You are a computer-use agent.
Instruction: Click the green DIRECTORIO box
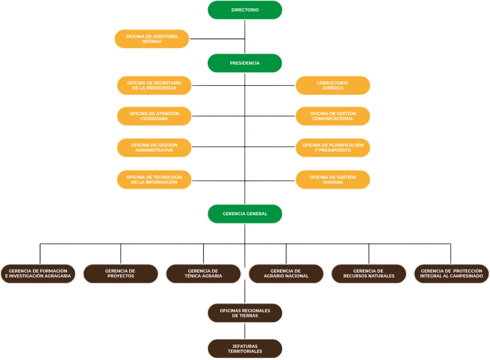coord(245,10)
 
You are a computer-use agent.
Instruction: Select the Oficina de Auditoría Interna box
coord(152,39)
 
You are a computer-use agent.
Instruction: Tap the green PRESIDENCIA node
coord(245,63)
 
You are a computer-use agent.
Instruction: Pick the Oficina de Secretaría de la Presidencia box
coord(154,85)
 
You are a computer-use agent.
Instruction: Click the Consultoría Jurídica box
coord(333,85)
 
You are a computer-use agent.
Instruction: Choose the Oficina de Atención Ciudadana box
coord(154,116)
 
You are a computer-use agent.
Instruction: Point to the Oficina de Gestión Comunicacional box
coord(333,116)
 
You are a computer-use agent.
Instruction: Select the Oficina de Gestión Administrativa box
coord(154,148)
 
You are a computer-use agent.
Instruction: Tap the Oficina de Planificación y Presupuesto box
coord(333,148)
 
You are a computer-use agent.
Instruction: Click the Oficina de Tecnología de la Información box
coord(154,179)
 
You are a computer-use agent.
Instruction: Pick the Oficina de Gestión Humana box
coord(333,179)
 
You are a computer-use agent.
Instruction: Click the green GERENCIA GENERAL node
coord(245,214)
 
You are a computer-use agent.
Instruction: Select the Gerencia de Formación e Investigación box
coord(38,273)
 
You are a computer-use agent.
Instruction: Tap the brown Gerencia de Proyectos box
coord(121,273)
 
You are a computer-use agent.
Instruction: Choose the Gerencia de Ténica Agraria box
coord(203,273)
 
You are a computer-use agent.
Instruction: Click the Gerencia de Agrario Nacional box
coord(286,273)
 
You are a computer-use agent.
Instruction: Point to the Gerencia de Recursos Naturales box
coord(369,273)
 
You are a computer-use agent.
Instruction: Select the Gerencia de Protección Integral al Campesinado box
coord(451,273)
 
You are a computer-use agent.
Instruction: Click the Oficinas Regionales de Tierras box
coord(245,313)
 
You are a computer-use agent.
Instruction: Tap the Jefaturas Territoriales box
coord(245,349)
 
